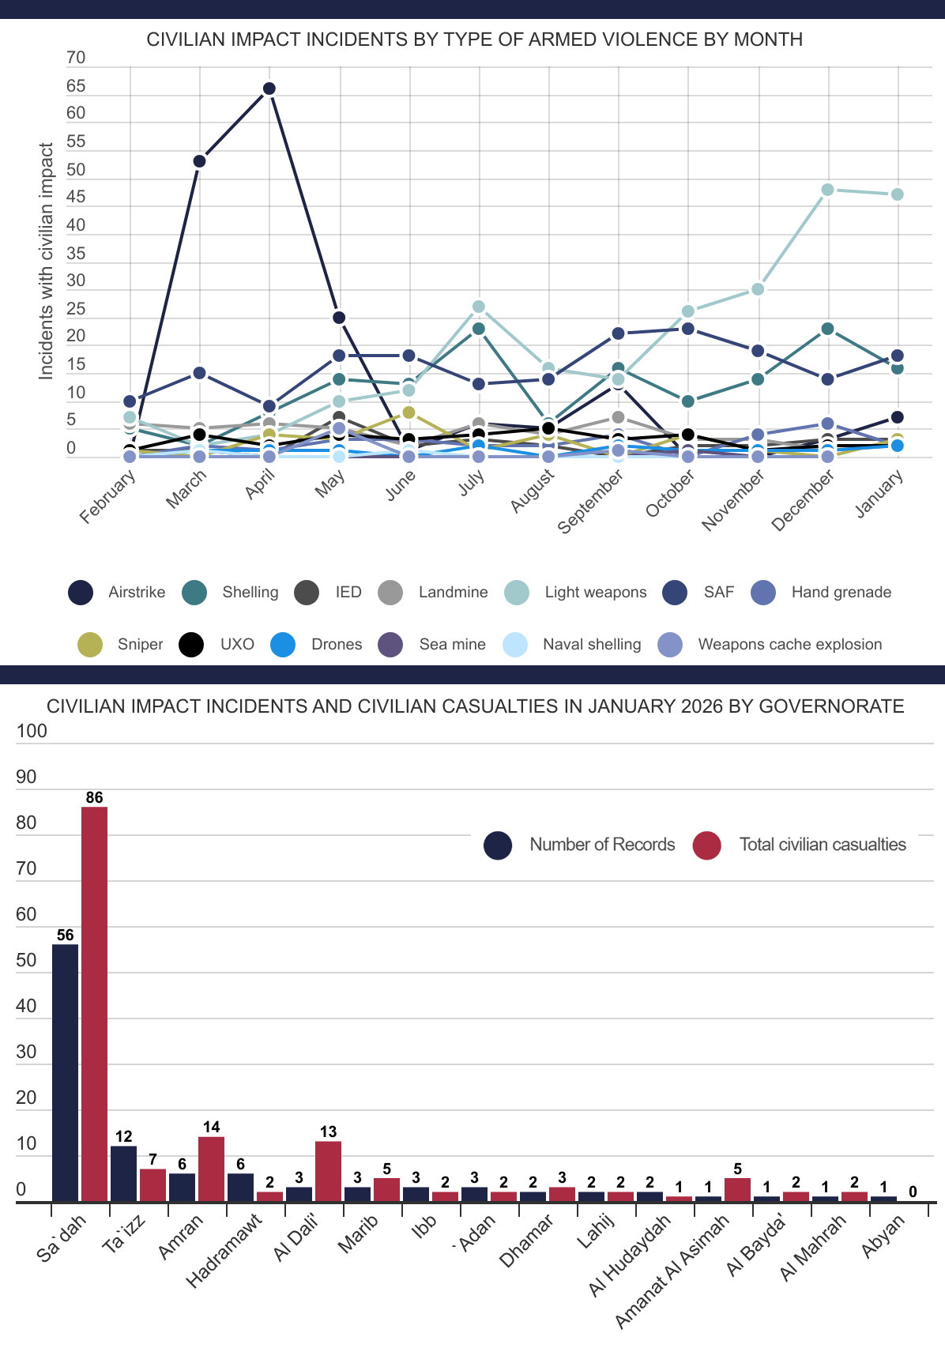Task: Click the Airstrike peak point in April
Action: pyautogui.click(x=269, y=88)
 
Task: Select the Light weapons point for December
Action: pyautogui.click(x=827, y=190)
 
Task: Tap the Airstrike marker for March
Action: pyautogui.click(x=200, y=161)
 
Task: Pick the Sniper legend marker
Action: pyautogui.click(x=90, y=645)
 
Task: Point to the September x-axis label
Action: pyautogui.click(x=590, y=501)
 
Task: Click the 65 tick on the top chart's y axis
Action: pyautogui.click(x=76, y=86)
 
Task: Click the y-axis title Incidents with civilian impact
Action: pyautogui.click(x=47, y=261)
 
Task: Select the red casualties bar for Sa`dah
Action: pyautogui.click(x=94, y=1003)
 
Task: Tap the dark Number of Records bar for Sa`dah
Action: pyautogui.click(x=65, y=1072)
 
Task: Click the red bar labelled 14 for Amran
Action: pyautogui.click(x=211, y=1169)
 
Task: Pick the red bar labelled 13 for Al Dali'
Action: pyautogui.click(x=328, y=1171)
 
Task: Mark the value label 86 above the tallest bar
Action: pyautogui.click(x=94, y=797)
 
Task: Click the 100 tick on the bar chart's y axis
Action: pyautogui.click(x=32, y=731)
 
